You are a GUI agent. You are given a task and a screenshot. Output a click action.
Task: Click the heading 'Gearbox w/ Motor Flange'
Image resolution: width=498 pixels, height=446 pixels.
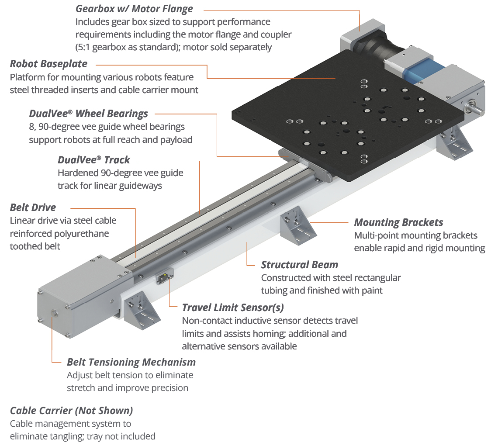[x=134, y=9]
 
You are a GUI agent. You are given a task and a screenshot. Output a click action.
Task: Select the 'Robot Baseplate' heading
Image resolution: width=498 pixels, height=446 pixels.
[x=48, y=64]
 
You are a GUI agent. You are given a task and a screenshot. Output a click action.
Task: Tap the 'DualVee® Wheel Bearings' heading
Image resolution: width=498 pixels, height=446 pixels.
[x=89, y=114]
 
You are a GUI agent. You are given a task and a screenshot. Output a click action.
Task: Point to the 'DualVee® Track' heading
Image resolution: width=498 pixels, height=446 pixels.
[x=94, y=160]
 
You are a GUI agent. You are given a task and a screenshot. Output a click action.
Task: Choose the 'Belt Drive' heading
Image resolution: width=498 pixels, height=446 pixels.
[x=33, y=207]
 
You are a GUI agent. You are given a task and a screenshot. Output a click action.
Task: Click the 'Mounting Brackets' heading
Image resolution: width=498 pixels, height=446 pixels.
[x=398, y=222]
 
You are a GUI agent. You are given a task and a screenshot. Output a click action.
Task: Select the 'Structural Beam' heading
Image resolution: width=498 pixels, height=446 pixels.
[x=299, y=265]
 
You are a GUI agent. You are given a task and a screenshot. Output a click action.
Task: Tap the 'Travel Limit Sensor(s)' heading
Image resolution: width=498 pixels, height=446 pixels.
[x=233, y=308]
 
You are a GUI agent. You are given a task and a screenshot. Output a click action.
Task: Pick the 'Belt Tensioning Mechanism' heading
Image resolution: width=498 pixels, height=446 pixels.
[x=131, y=362]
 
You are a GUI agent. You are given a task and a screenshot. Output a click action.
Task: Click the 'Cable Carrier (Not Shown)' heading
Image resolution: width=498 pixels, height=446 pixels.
[x=71, y=411]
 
